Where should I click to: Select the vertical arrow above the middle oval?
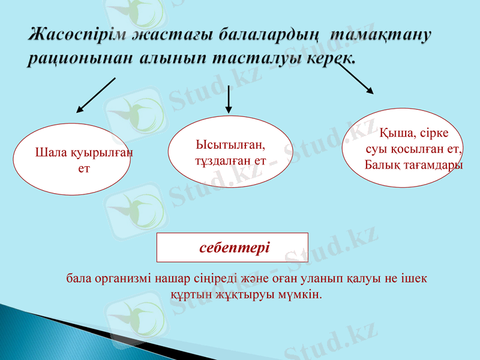coord(229,99)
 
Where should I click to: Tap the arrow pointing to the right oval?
coord(355,77)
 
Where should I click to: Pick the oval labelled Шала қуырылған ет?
coord(72,160)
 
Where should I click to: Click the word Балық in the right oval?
coord(382,164)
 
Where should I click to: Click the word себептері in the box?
coord(234,247)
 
